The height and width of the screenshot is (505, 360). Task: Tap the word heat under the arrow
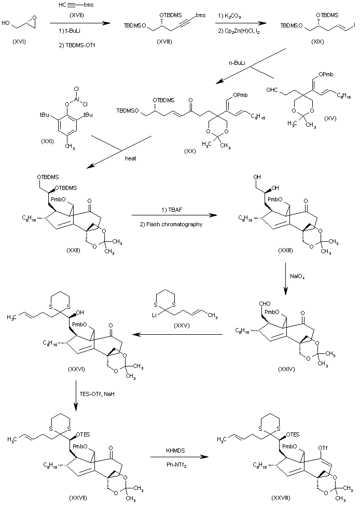point(130,158)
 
